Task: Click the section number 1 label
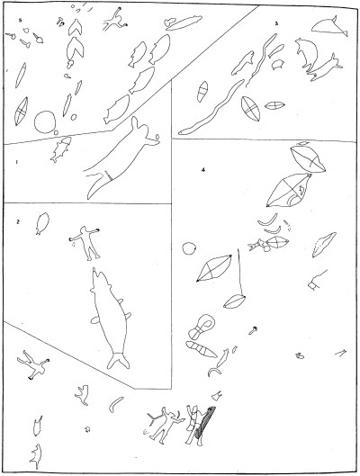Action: [16, 162]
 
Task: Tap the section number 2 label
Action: [18, 222]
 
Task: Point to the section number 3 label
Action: [276, 23]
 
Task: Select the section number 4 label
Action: [203, 170]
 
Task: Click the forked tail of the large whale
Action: [119, 360]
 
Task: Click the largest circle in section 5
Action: [45, 122]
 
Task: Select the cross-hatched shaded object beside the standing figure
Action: [205, 422]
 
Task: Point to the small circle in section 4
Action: [188, 248]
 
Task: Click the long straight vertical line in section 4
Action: [240, 272]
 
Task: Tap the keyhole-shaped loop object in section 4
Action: [202, 327]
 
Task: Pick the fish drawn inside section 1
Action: [61, 149]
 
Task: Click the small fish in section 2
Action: [42, 223]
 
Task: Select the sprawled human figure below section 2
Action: [33, 365]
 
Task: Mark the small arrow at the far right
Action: [341, 353]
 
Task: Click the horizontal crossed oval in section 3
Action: [274, 105]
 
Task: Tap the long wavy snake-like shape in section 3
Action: [212, 108]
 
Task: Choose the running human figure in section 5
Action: [114, 19]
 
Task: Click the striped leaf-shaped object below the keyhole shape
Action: [202, 349]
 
